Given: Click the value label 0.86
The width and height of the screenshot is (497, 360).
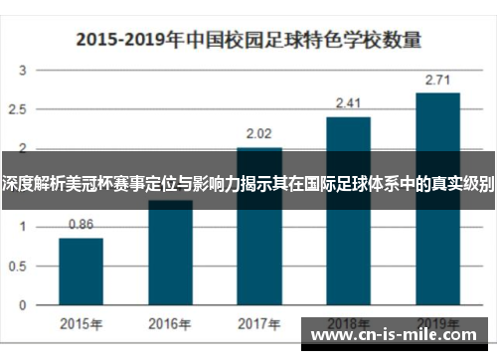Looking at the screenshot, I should (x=81, y=225).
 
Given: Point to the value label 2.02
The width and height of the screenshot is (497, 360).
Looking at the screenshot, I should (x=259, y=131).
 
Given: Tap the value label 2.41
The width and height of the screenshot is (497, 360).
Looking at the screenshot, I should (x=348, y=102).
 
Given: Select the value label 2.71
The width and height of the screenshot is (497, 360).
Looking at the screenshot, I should (x=437, y=79).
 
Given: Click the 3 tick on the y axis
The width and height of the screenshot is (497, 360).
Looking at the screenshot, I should (x=25, y=71).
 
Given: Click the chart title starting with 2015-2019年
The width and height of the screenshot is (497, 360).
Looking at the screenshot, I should (x=248, y=41).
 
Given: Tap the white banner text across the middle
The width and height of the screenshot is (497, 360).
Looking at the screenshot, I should (x=248, y=183).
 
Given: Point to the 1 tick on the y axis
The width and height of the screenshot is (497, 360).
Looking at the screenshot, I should (x=25, y=227).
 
